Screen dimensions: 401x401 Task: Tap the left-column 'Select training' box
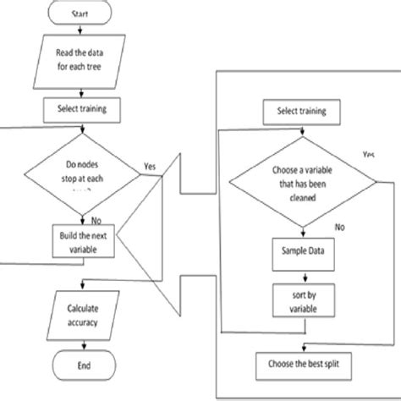click(x=80, y=107)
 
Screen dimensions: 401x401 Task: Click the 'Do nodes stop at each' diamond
click(x=81, y=176)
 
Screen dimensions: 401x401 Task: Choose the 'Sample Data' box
click(x=302, y=251)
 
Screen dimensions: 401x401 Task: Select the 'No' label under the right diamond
click(x=339, y=227)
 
